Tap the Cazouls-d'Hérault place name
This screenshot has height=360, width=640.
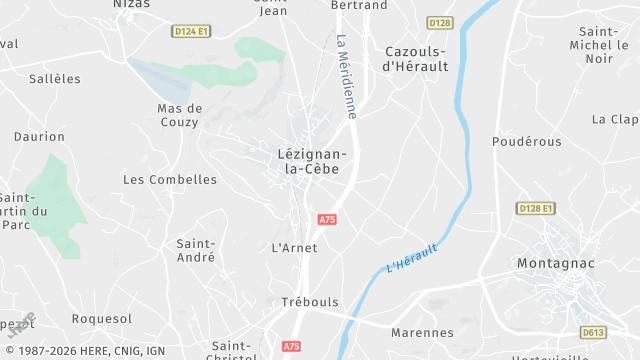(417, 59)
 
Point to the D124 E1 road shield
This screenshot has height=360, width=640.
(190, 32)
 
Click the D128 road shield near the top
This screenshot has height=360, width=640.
(439, 22)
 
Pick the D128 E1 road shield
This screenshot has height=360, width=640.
(536, 208)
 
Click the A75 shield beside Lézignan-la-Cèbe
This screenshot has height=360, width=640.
(326, 218)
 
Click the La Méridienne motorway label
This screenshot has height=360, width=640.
(346, 78)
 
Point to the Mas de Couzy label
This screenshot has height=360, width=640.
(180, 115)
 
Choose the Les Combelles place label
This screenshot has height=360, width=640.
(170, 180)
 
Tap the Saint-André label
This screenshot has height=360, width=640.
(196, 250)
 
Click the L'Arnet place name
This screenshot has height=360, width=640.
(294, 247)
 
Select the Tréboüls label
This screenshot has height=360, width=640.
(310, 302)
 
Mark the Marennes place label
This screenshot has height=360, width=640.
(423, 333)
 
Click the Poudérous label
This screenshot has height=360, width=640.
(520, 142)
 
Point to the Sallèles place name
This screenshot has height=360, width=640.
(55, 78)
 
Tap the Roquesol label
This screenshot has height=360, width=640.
(102, 319)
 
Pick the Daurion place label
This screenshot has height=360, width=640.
(39, 137)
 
